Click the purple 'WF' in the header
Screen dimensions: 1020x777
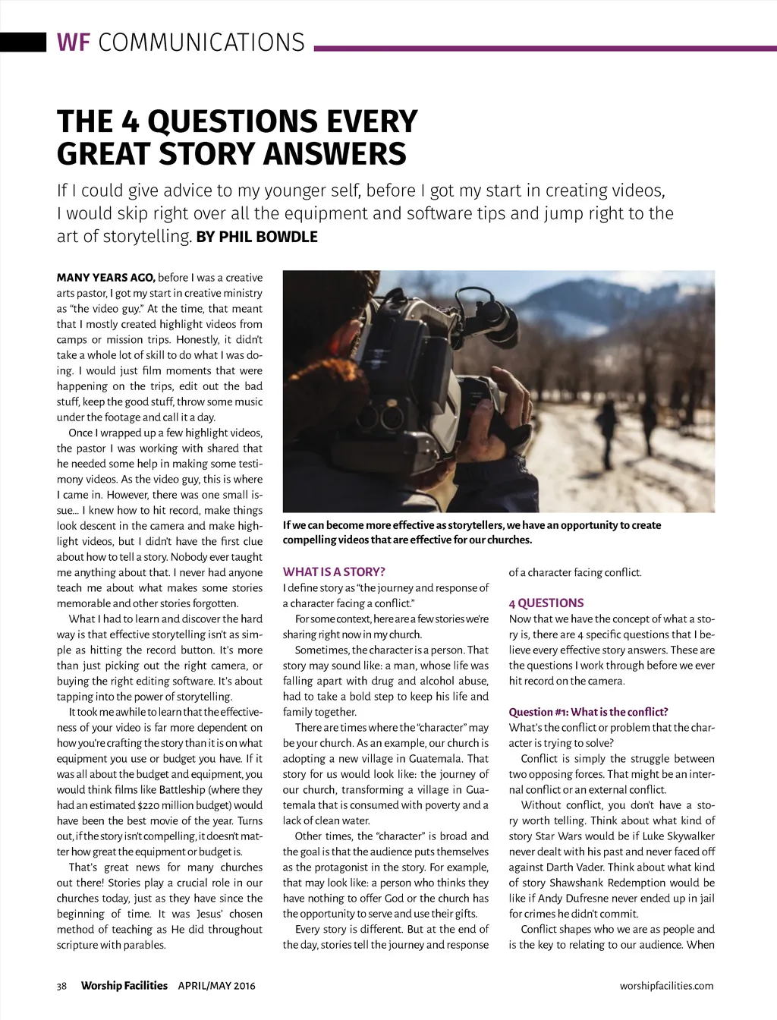[x=74, y=42]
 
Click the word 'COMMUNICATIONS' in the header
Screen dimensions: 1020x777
[x=201, y=42]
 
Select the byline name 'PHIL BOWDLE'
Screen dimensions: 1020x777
[x=268, y=237]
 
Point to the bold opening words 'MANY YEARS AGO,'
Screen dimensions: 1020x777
[x=105, y=278]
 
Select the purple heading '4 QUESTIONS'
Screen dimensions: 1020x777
[x=546, y=603]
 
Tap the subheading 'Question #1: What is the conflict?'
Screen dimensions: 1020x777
[x=588, y=712]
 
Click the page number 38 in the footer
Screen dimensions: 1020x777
[x=62, y=986]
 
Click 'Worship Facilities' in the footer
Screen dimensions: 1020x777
[x=124, y=986]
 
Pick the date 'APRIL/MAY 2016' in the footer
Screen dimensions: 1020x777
[x=217, y=986]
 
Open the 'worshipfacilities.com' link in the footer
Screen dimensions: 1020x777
[x=666, y=986]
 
